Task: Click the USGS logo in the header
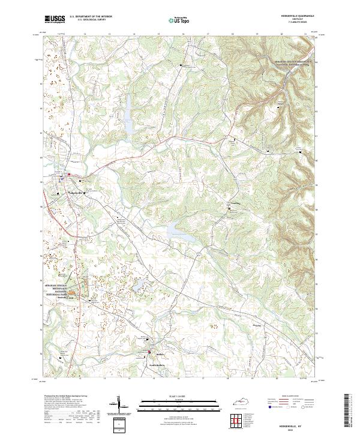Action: (55, 19)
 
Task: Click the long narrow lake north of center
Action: (128, 114)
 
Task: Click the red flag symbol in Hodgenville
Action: (69, 175)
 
